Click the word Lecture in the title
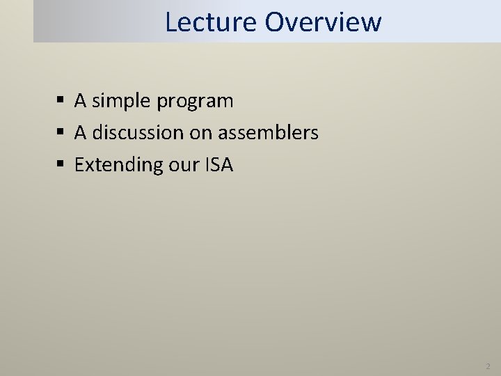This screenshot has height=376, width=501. pos(211,22)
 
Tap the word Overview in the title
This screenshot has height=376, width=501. pos(323,22)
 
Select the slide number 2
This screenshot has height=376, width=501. pos(488,366)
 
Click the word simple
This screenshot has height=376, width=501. pos(122,101)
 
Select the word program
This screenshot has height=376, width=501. pos(195,102)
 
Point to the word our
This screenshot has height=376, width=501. pos(183,166)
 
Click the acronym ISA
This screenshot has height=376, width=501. pos(219,164)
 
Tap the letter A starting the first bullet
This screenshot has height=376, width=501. pos(81,101)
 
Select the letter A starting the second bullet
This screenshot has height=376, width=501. pos(81,132)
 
